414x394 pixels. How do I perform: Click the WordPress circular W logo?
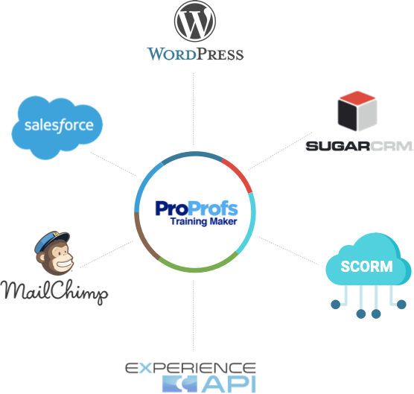195,22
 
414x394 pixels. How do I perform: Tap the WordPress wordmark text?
195,54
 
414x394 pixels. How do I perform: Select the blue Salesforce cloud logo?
59,124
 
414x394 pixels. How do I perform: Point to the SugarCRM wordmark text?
359,145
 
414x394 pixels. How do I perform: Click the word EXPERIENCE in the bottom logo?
191,368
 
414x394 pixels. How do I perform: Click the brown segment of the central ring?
144,238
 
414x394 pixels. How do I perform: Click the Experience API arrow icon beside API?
175,384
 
